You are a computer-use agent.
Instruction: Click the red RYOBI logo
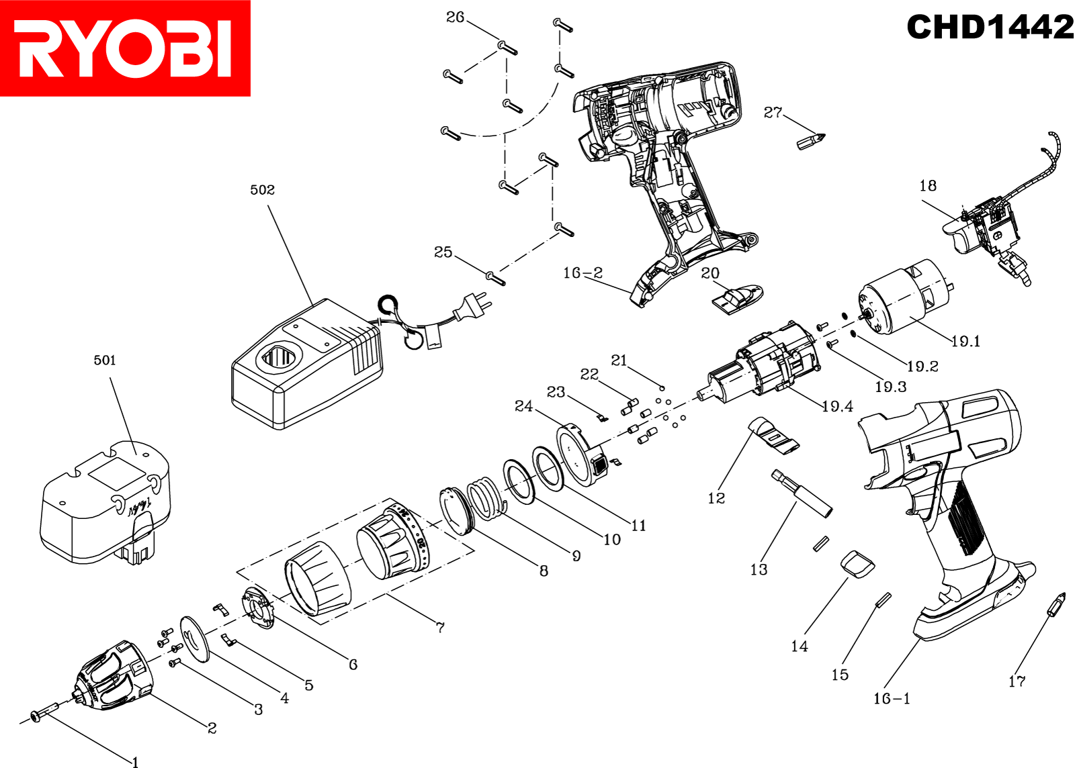coord(125,48)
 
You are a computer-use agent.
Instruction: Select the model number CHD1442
coord(990,28)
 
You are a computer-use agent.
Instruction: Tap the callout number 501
coord(105,361)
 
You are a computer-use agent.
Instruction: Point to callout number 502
coord(262,190)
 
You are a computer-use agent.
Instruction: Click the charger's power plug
coord(472,306)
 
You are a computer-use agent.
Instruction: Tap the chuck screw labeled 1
coord(38,716)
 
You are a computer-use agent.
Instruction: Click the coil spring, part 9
coord(486,500)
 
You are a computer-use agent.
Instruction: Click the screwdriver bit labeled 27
coord(811,141)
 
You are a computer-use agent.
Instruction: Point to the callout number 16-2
coord(583,273)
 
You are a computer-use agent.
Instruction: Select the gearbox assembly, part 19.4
coord(766,366)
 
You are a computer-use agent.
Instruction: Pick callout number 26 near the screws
coord(456,17)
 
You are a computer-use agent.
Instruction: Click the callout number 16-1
coord(892,699)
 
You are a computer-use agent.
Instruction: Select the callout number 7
coord(440,628)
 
